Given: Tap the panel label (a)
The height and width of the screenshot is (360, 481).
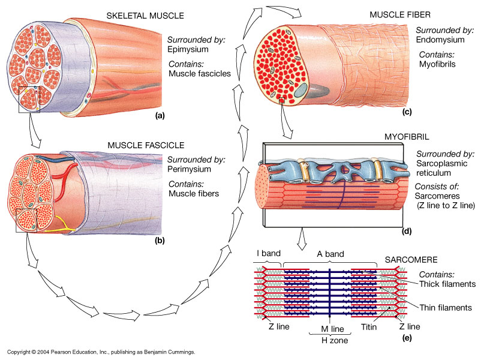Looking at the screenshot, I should pyautogui.click(x=159, y=115).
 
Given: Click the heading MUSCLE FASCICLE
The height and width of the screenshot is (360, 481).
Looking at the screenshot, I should pyautogui.click(x=145, y=145).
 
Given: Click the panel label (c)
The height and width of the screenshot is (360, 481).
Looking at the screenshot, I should pyautogui.click(x=405, y=112).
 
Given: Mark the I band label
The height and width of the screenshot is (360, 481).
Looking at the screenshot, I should pyautogui.click(x=268, y=253).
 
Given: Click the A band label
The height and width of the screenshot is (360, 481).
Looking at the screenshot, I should pyautogui.click(x=330, y=253).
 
